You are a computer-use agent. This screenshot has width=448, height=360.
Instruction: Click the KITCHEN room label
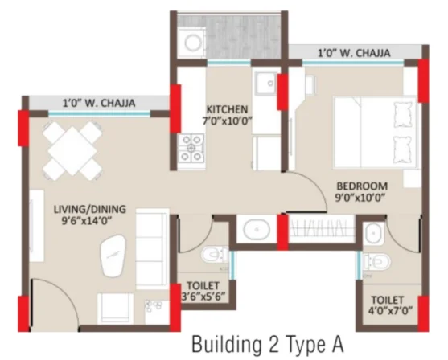tap(227, 109)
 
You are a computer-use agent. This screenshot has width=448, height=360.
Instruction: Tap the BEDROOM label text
tap(362, 186)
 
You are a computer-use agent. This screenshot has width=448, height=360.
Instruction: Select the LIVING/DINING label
tap(90, 209)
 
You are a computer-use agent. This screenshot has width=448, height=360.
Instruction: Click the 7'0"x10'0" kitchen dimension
tap(227, 121)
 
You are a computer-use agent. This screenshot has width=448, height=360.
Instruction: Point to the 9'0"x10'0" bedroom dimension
tap(360, 198)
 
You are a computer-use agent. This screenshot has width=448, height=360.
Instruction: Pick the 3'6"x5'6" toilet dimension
tap(203, 296)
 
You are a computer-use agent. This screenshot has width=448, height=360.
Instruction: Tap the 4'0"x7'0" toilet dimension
tap(390, 311)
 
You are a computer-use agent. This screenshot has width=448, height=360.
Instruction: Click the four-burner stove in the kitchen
tap(191, 148)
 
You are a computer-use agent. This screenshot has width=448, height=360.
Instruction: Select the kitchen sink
tap(266, 83)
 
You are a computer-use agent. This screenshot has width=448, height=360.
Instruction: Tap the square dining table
tap(72, 151)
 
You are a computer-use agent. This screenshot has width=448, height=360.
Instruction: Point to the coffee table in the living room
tap(113, 256)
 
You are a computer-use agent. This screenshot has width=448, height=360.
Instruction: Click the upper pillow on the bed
tap(404, 114)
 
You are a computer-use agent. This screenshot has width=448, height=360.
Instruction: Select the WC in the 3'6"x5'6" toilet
tap(215, 255)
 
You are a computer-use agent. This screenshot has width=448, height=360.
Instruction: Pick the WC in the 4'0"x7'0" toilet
tap(377, 261)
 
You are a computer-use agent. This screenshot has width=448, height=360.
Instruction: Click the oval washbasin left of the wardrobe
tap(257, 230)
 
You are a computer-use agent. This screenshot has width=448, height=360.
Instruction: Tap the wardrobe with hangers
tap(322, 229)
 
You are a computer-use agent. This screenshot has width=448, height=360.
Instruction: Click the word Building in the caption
tap(227, 345)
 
